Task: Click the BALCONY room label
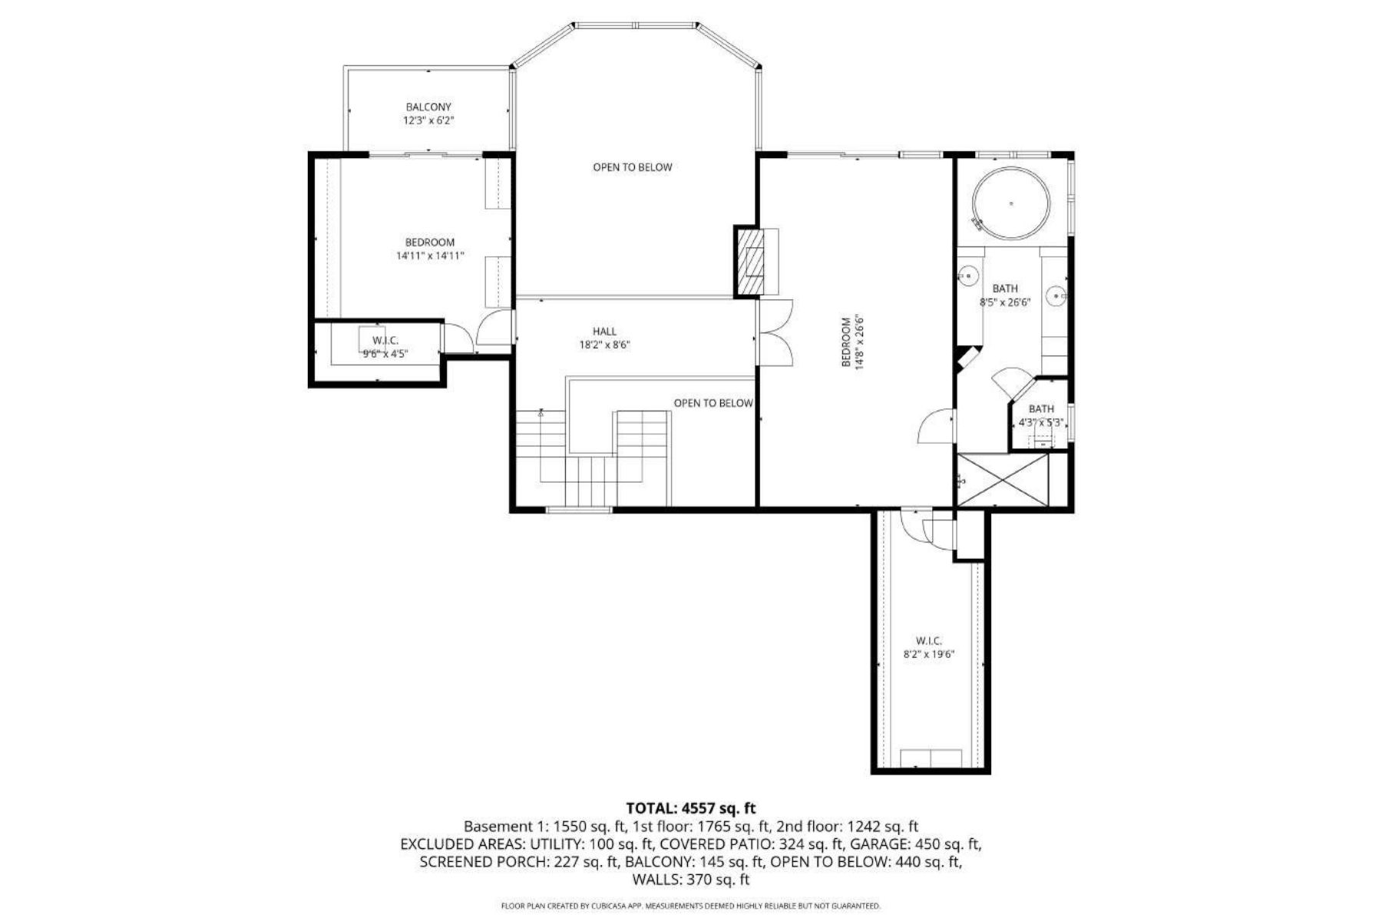tap(428, 107)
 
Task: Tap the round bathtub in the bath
tap(1010, 203)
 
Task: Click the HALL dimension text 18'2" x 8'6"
tap(605, 345)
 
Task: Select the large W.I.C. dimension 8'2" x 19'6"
tap(929, 655)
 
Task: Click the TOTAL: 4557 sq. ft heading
tap(691, 808)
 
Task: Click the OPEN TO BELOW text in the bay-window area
tap(632, 167)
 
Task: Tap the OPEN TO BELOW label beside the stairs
tap(713, 403)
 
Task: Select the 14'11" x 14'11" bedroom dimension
tap(430, 256)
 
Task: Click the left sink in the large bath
tap(970, 273)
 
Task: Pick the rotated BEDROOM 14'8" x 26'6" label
tap(852, 342)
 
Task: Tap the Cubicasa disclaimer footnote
tap(691, 906)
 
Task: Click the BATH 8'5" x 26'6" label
tap(1005, 295)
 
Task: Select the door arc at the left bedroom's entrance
tap(493, 328)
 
